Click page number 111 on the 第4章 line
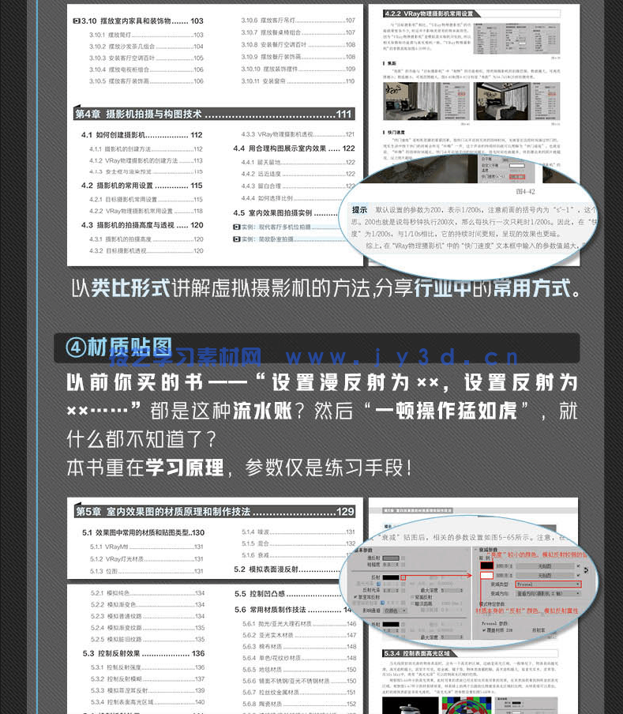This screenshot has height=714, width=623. (344, 115)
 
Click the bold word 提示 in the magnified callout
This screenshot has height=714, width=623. (359, 211)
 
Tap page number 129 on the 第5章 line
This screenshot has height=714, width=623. (345, 512)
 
